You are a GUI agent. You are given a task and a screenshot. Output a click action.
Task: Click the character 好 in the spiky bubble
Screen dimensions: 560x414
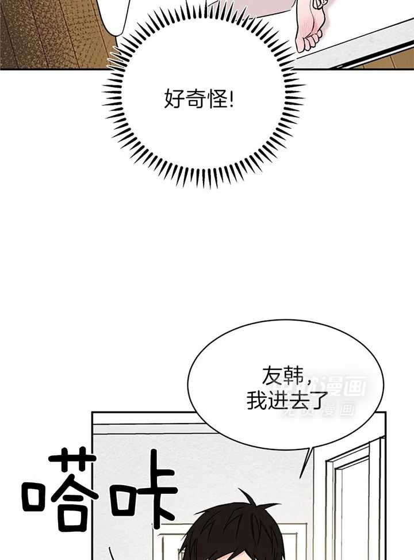(174, 102)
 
